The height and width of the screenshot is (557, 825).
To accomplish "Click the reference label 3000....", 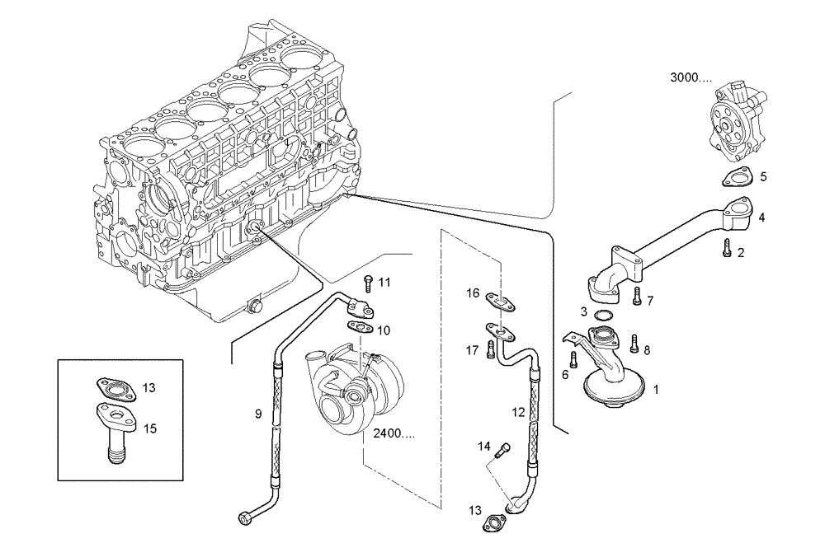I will coord(691,78).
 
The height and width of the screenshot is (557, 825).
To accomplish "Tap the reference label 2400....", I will coord(394,433).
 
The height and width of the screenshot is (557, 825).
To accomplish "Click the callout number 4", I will coord(761,218).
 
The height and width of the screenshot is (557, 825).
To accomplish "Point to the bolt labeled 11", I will coord(369,283).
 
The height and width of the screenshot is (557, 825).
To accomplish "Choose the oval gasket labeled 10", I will coord(360,327).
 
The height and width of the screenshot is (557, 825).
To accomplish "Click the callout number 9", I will coord(258,414).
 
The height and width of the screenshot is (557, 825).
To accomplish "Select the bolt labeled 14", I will coord(502,450).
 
